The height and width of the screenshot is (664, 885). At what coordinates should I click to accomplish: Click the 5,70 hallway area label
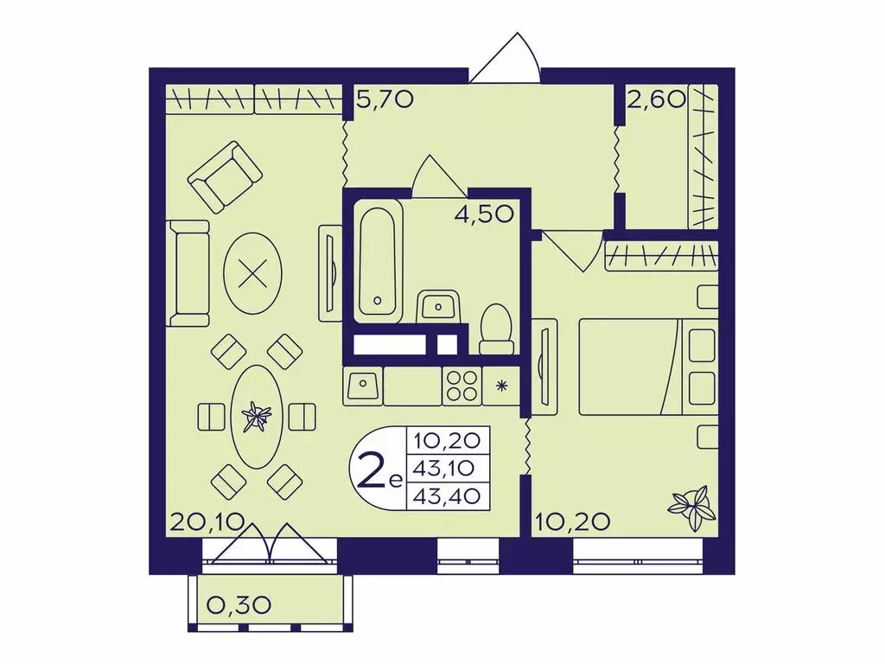(385, 100)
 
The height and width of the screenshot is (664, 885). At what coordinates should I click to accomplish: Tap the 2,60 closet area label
(657, 100)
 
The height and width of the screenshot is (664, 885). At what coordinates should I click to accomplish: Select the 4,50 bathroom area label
(485, 214)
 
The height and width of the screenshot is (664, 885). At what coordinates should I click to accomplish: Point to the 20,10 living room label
(198, 522)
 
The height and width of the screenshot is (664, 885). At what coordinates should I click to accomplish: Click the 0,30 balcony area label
(239, 605)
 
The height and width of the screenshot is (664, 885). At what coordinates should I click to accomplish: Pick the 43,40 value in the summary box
(447, 495)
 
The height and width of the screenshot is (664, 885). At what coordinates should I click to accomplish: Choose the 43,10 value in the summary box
(447, 468)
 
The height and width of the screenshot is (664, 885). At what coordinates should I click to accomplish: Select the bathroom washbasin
(438, 307)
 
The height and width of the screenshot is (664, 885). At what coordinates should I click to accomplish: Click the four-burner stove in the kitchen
(462, 386)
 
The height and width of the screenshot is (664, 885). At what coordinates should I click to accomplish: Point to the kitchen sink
(363, 386)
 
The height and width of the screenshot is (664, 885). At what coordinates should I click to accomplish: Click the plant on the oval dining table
(256, 417)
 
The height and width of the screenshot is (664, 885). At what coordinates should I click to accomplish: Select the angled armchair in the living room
(226, 176)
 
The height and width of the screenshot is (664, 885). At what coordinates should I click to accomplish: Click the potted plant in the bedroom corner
(691, 507)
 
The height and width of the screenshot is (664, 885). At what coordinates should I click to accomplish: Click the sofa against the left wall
(188, 273)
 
